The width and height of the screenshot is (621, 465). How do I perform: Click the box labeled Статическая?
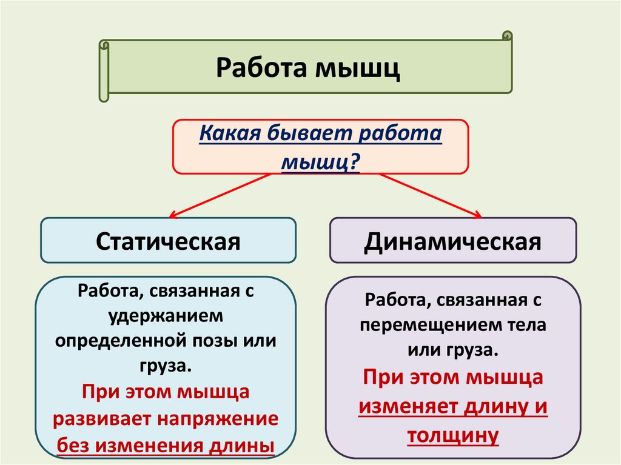[169, 241]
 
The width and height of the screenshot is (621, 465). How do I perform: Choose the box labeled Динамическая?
[452, 241]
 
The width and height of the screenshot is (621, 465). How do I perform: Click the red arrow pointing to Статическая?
[218, 195]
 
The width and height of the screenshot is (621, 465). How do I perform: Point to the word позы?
[224, 340]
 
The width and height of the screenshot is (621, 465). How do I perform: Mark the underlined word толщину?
[453, 435]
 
